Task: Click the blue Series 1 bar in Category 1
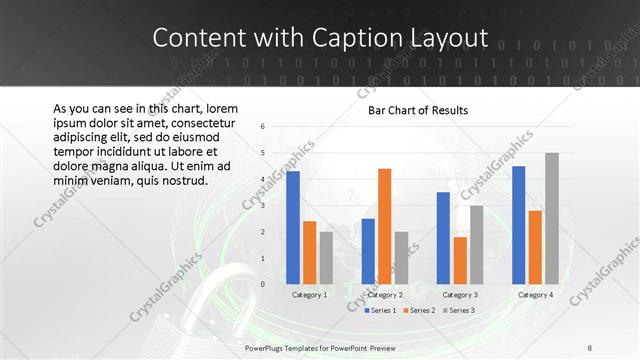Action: pyautogui.click(x=293, y=228)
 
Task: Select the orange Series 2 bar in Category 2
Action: pyautogui.click(x=385, y=226)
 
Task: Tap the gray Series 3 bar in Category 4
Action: pyautogui.click(x=552, y=218)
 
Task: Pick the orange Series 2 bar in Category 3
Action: pyautogui.click(x=460, y=260)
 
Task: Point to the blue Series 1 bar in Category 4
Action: pyautogui.click(x=518, y=225)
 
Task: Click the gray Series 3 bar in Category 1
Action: pyautogui.click(x=326, y=258)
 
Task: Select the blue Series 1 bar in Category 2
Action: pyautogui.click(x=368, y=251)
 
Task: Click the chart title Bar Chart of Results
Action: pyautogui.click(x=412, y=110)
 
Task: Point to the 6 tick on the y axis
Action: pyautogui.click(x=261, y=127)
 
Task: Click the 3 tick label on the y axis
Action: pyautogui.click(x=261, y=206)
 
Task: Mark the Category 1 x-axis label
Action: pyautogui.click(x=309, y=295)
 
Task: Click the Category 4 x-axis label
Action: pyautogui.click(x=535, y=295)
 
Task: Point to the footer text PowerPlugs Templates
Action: pyautogui.click(x=290, y=346)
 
